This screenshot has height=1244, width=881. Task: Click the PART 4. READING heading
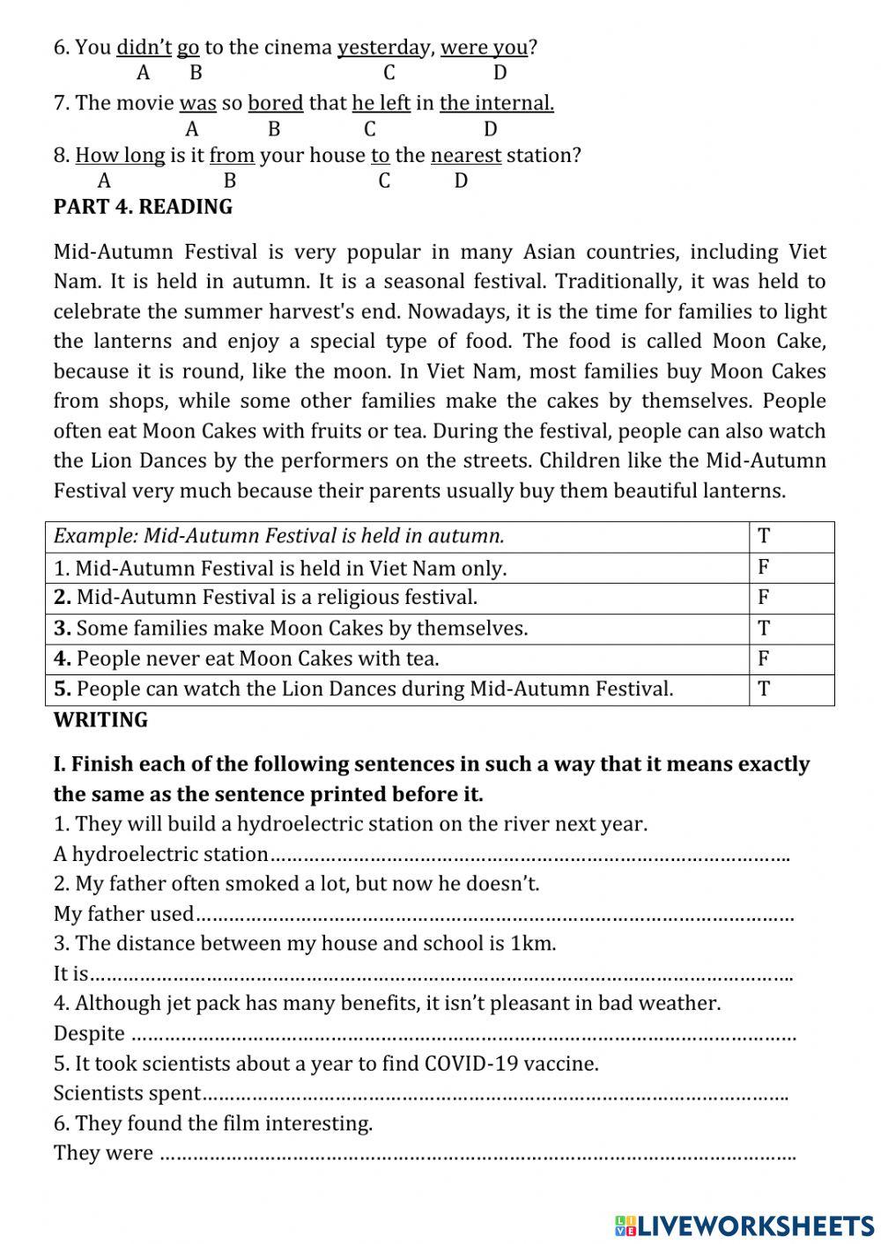[x=143, y=207]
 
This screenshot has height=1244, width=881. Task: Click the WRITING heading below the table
[x=100, y=720]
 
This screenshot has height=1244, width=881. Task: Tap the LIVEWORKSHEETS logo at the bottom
[x=744, y=1225]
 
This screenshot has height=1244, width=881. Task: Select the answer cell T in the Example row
[x=764, y=536]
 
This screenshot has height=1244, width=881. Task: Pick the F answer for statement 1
[x=764, y=567]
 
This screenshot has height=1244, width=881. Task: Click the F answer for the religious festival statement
[x=764, y=597]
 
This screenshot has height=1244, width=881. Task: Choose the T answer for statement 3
[x=764, y=628]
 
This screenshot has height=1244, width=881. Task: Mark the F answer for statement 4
[x=764, y=659]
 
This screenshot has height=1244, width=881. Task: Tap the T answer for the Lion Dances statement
[x=764, y=688]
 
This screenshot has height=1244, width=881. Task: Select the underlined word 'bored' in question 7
[x=275, y=103]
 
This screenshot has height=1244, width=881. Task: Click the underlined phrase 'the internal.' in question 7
[x=497, y=103]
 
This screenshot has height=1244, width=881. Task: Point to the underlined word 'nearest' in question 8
[x=466, y=156]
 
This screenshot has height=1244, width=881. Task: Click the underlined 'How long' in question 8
[x=120, y=156]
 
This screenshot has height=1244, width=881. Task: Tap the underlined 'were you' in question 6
[x=484, y=48]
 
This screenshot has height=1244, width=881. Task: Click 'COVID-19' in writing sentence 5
[x=467, y=1064]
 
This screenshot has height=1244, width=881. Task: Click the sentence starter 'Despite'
[x=89, y=1034]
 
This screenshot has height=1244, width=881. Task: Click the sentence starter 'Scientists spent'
[x=127, y=1093]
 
